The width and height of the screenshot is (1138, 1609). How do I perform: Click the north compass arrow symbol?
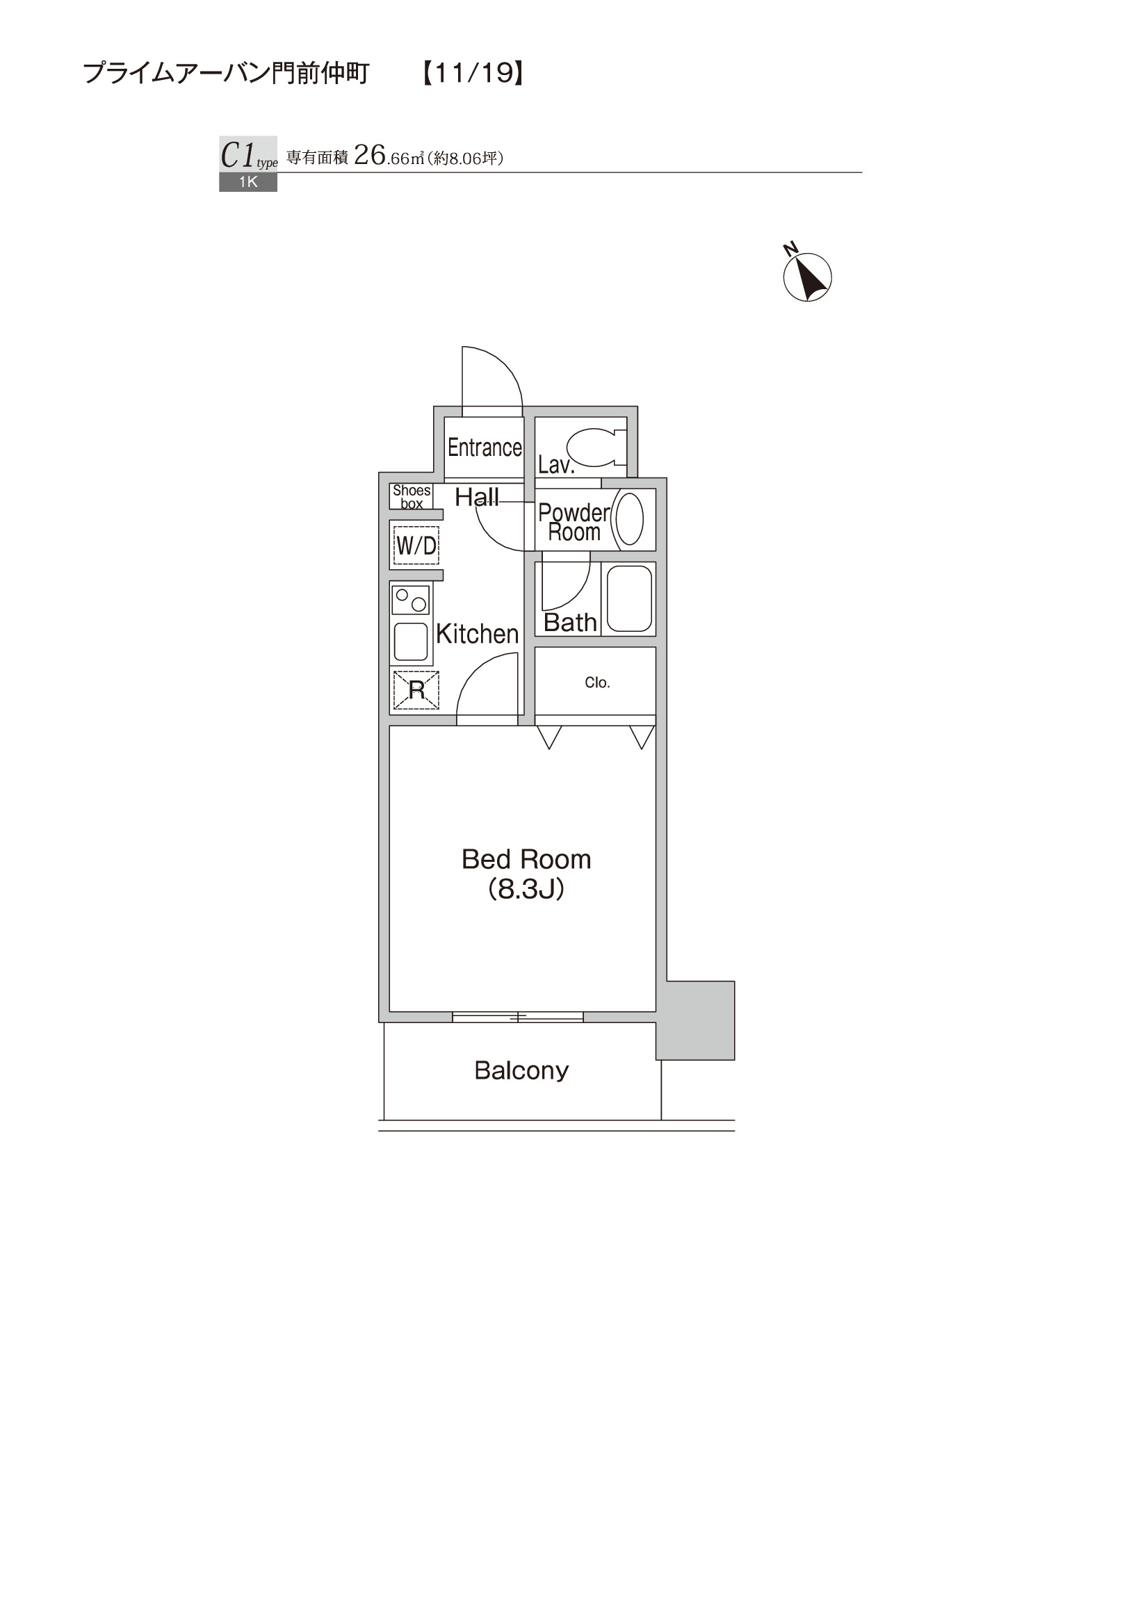807,276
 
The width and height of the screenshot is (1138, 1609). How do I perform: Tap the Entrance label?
485,447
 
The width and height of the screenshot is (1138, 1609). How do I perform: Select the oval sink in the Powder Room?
629,519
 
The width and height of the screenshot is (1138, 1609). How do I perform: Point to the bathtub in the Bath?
629,598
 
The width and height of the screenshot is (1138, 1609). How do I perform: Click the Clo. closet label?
597,683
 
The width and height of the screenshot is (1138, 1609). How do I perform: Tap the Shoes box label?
412,497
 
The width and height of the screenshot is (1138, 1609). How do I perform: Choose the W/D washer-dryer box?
416,545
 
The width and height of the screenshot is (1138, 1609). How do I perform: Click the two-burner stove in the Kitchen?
411,600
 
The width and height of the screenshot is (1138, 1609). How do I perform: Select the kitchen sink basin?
411,642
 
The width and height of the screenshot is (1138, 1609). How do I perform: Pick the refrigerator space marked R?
416,689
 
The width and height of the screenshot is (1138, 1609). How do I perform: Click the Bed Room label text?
526,859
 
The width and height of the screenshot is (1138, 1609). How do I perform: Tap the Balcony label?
521,1070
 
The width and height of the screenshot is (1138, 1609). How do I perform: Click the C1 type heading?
249,155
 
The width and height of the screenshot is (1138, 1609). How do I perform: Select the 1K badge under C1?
248,182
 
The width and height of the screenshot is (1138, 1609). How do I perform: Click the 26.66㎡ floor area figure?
389,156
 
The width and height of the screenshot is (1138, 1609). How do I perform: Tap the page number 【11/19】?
473,73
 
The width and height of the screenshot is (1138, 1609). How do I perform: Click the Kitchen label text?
477,633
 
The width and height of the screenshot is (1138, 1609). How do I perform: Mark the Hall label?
476,497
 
